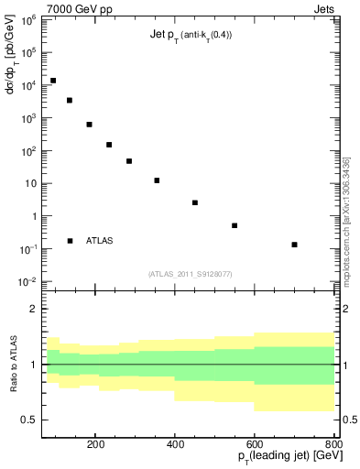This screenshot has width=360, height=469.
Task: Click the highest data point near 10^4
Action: pos(53,81)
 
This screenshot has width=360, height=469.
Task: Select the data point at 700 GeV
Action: pos(294,245)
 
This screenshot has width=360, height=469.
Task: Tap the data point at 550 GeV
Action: pos(235,225)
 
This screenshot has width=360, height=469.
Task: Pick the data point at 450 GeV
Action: pos(195,202)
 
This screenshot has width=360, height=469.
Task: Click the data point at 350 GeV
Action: pos(157,180)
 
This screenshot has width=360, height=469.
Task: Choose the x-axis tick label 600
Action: pos(255,443)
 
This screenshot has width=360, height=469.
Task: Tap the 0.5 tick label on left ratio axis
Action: pos(29,420)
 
